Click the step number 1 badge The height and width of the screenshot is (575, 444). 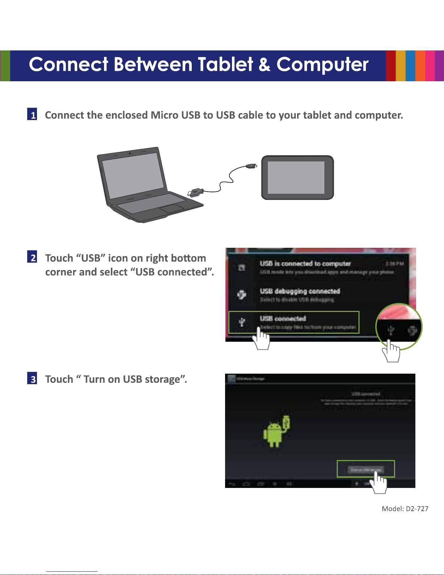coord(33,115)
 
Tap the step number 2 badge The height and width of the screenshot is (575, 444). coord(33,257)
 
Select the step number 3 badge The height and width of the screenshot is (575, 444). coord(33,379)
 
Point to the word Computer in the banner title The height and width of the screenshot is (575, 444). coord(322,65)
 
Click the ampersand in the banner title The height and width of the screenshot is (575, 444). coord(264,65)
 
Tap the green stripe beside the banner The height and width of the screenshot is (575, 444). coord(5,66)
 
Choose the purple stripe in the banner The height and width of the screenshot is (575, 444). coord(439,66)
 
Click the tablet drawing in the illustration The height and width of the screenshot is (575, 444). coord(297,177)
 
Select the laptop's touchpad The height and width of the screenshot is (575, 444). coord(172,209)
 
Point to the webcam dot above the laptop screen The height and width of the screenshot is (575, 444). coord(130,153)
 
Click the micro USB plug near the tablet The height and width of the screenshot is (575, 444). coord(251,166)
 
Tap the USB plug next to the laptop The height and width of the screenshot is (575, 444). coord(195,192)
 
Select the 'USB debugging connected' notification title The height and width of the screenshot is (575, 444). coord(300,291)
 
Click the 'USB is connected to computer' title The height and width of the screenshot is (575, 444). coord(305,264)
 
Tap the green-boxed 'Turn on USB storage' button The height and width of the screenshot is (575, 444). coord(365,469)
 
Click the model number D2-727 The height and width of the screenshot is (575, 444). coord(417,509)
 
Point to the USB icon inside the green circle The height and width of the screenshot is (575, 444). coord(391,330)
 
